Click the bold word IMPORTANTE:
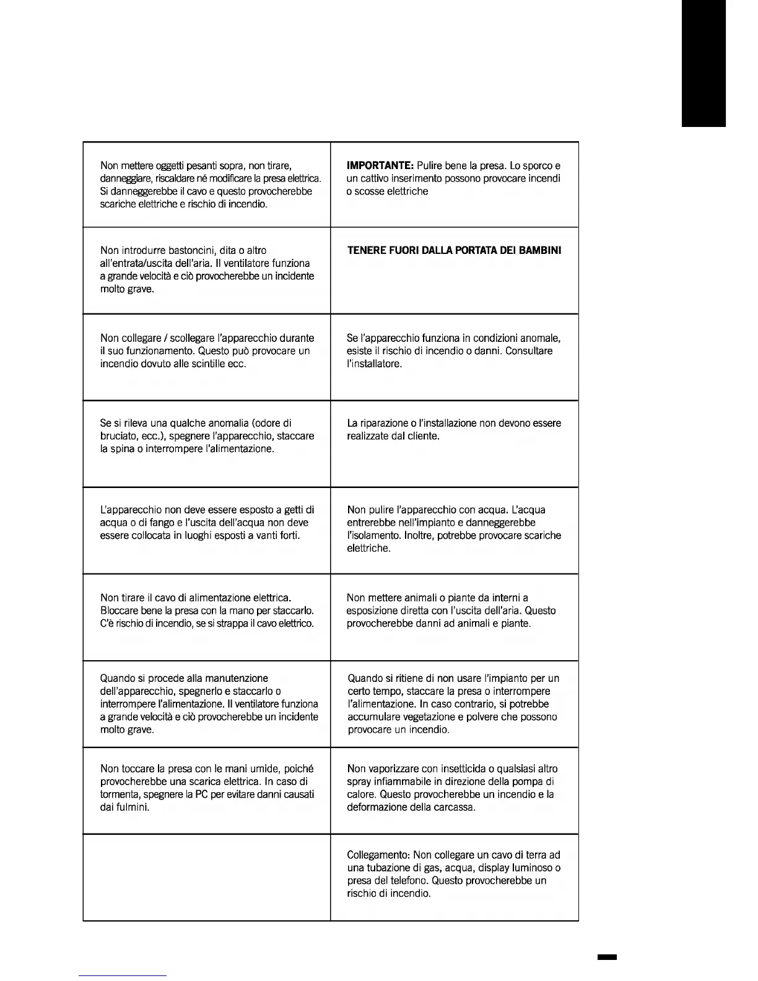click(x=380, y=166)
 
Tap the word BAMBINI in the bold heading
click(x=540, y=251)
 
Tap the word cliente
click(x=423, y=436)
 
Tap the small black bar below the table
click(x=607, y=957)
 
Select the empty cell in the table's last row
click(x=206, y=877)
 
